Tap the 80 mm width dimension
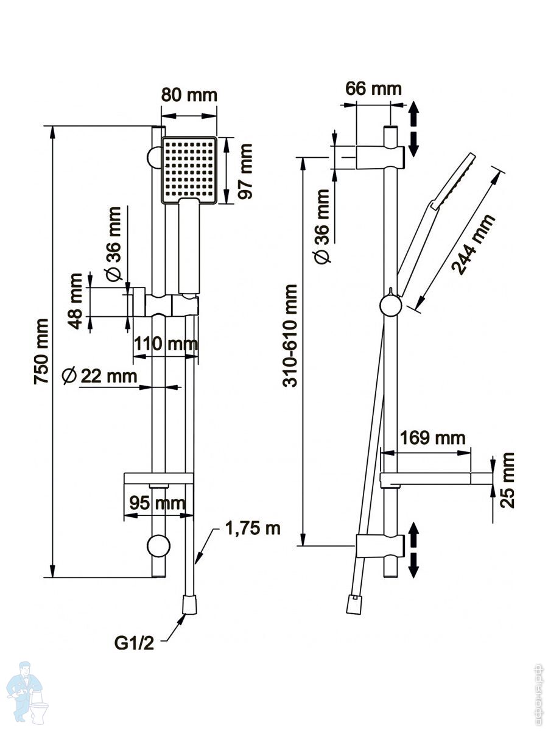click(189, 96)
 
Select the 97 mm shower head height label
click(245, 171)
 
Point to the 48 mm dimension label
click(76, 301)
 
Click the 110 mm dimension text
click(165, 344)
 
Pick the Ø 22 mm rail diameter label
click(100, 376)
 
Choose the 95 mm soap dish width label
click(157, 503)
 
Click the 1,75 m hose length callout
click(253, 528)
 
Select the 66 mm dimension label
click(373, 88)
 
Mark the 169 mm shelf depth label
click(432, 437)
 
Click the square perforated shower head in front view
click(189, 170)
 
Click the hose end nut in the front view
click(190, 605)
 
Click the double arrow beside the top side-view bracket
click(414, 129)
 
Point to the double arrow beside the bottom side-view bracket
click(414, 549)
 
